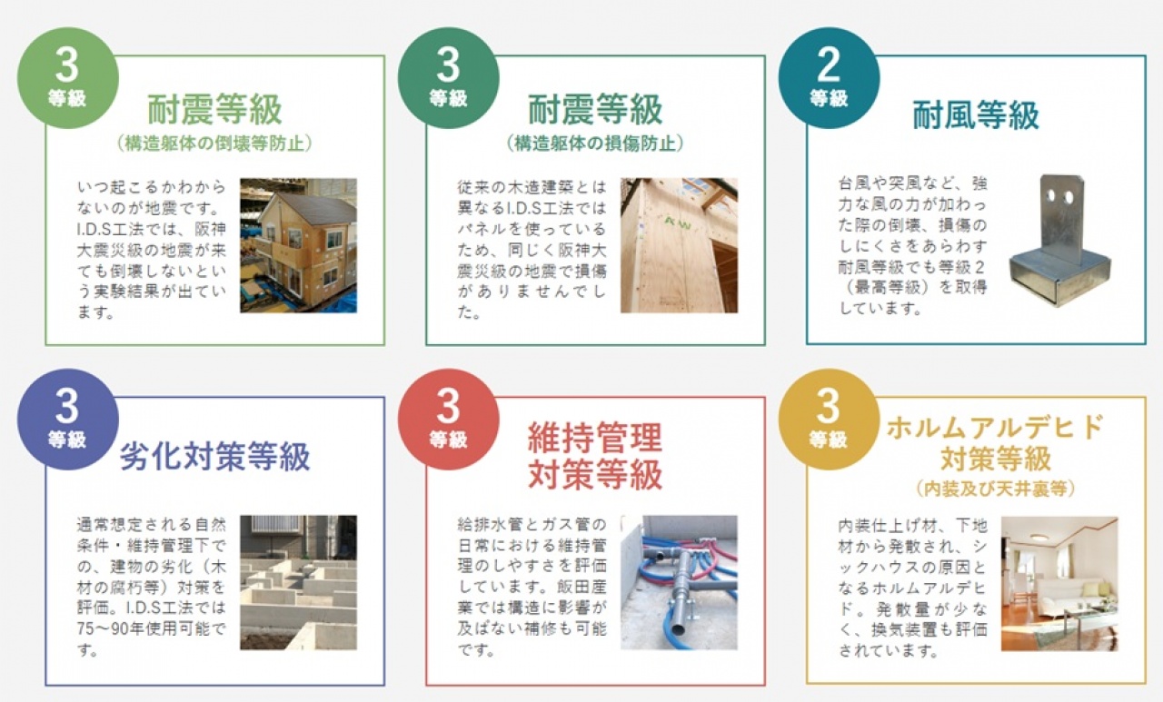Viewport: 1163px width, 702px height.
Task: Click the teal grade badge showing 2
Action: click(x=829, y=78)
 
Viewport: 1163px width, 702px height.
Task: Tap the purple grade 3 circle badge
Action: click(x=68, y=420)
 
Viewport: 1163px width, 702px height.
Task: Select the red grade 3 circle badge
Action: click(x=449, y=420)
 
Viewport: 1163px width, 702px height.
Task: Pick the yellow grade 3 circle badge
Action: click(x=829, y=420)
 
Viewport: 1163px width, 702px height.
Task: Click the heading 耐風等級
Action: click(x=976, y=114)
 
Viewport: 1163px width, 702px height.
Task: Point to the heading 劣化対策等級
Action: click(x=215, y=456)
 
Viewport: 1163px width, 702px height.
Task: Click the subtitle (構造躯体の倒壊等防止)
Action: click(x=215, y=143)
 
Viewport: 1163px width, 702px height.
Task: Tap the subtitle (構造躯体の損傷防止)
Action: click(x=595, y=143)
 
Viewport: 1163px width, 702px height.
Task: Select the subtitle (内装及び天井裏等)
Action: click(x=995, y=489)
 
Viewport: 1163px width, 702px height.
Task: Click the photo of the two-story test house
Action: click(x=299, y=245)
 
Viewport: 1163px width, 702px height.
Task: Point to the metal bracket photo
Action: click(x=1060, y=242)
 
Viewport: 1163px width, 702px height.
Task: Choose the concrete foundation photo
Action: click(x=299, y=582)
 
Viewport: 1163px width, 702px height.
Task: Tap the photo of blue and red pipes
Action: click(x=679, y=582)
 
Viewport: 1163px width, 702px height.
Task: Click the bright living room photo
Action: click(x=1059, y=584)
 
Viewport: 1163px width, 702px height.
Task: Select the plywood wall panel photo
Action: click(x=679, y=245)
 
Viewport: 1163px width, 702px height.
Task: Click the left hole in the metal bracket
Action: click(x=1052, y=196)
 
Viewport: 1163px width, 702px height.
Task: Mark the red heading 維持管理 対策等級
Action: click(x=595, y=456)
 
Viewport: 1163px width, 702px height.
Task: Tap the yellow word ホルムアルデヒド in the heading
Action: click(x=995, y=428)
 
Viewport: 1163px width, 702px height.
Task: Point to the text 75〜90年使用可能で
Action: click(x=151, y=628)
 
